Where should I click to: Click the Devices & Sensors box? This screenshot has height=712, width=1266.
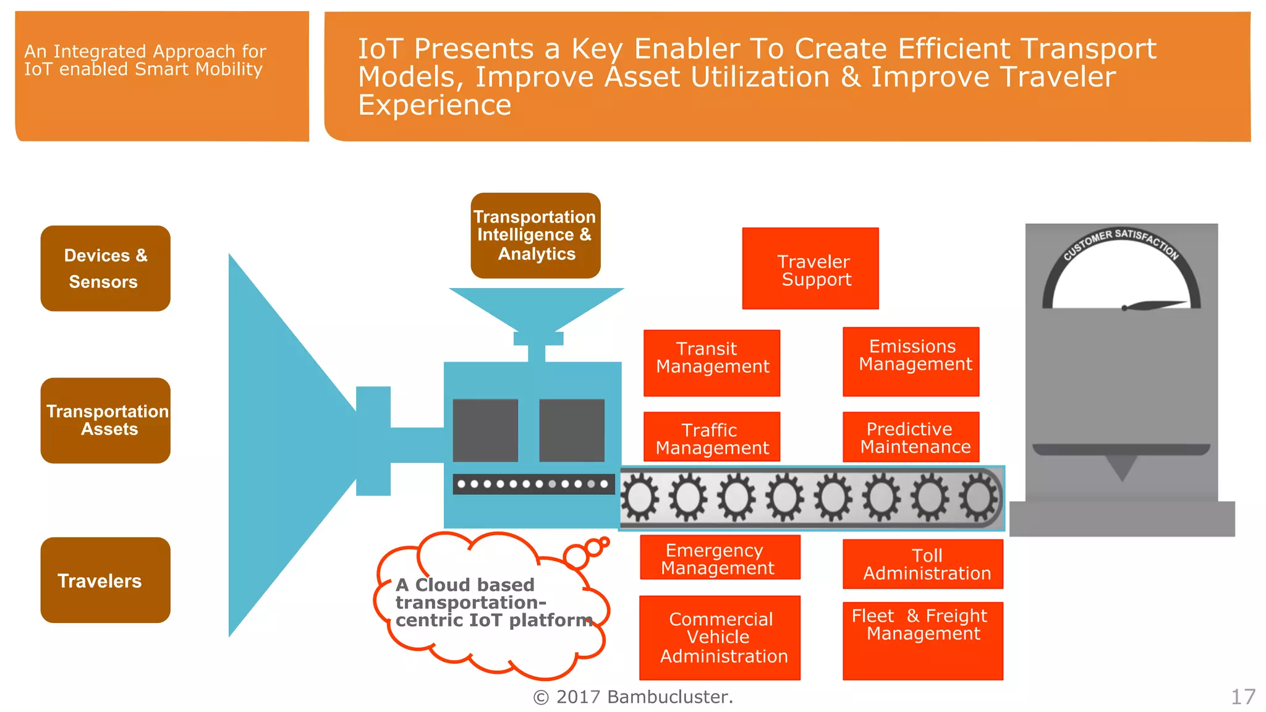[x=105, y=268]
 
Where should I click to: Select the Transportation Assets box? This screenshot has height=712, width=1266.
[x=105, y=420]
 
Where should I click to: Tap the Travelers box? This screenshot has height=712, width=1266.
[x=105, y=580]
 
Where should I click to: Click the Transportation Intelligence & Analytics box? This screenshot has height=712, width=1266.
[x=535, y=235]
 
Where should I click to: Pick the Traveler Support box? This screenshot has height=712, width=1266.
[x=810, y=268]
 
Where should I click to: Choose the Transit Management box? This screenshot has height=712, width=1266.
[x=712, y=363]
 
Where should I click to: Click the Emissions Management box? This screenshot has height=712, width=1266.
[x=911, y=362]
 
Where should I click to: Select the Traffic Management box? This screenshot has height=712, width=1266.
[x=712, y=437]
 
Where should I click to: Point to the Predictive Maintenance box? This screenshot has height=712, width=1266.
[x=911, y=437]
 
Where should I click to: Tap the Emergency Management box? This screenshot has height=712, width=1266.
[x=720, y=557]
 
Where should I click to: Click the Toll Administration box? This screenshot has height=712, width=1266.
[x=922, y=564]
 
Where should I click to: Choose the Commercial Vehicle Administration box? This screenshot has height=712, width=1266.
[x=720, y=638]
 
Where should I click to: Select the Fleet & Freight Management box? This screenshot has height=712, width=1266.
[x=922, y=640]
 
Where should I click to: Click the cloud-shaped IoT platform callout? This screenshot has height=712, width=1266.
[x=491, y=603]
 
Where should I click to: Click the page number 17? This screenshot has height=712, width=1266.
[x=1243, y=697]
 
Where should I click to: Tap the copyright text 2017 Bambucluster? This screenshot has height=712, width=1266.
[x=633, y=697]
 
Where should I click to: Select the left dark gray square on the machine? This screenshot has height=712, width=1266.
[x=485, y=430]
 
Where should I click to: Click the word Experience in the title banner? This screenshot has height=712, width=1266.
[x=435, y=105]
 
